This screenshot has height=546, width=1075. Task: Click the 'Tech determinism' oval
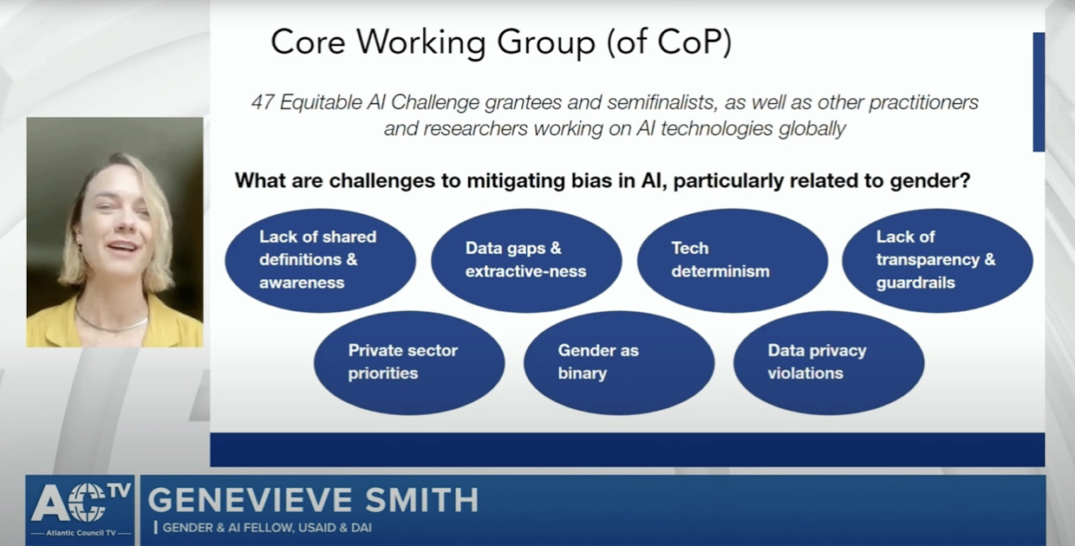(733, 261)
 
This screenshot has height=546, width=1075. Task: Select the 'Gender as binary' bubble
(619, 363)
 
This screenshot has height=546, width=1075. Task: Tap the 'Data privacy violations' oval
(829, 363)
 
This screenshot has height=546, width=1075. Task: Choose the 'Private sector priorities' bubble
(409, 363)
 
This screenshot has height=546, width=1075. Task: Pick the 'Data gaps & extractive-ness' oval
(526, 261)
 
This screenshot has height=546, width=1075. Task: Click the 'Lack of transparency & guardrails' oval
(937, 261)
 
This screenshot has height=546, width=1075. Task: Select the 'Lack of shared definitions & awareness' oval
(321, 261)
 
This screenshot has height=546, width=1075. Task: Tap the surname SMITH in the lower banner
(422, 500)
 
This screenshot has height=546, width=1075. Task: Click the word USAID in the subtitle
(316, 528)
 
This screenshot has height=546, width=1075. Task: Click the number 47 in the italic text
(263, 102)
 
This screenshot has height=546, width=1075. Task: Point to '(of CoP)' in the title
(669, 42)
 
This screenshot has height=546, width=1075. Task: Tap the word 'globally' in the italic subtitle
(812, 129)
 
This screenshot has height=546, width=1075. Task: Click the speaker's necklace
(110, 322)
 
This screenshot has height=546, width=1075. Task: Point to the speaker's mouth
(122, 247)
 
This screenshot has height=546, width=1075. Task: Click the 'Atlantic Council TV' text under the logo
(81, 532)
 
